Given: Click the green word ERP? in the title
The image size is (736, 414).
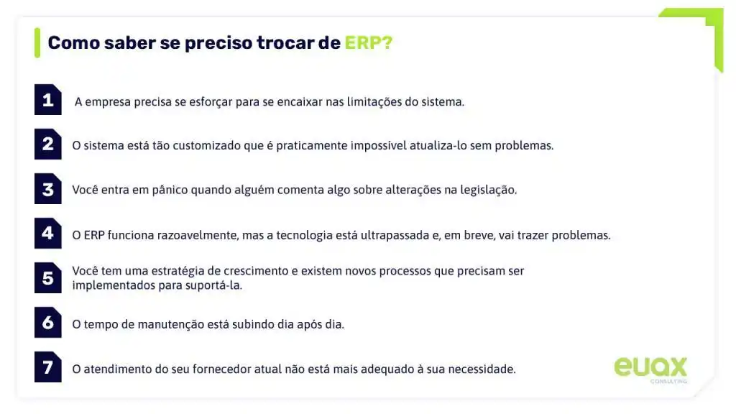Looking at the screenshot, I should click(368, 42).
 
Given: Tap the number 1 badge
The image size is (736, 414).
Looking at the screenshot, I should click(48, 101).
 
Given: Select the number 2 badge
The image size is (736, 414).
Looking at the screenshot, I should click(48, 144).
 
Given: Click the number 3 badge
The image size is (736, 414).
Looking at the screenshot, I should click(48, 189).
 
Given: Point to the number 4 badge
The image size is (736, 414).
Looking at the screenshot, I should click(48, 234).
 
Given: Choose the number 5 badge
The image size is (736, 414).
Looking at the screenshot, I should click(48, 277).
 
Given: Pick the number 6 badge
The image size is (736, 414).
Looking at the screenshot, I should click(48, 323).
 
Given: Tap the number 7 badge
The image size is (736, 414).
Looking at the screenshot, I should click(48, 367).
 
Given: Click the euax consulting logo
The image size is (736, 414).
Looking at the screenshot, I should click(650, 368).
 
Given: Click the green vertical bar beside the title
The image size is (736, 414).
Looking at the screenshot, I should click(37, 42).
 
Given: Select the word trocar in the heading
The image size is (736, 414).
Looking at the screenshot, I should click(285, 42).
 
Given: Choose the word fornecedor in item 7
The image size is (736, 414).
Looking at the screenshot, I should click(257, 369).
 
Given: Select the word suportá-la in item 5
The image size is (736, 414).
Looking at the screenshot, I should click(216, 285).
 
